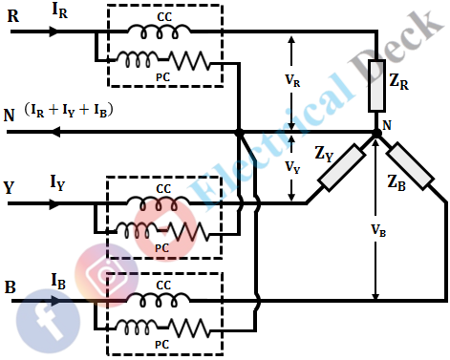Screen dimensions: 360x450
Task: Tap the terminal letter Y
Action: click(10, 188)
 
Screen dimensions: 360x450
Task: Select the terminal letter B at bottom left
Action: click(11, 287)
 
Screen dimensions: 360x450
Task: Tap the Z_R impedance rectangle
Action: click(375, 92)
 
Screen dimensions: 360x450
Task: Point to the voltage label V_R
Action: click(294, 81)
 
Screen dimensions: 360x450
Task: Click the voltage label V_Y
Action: click(294, 166)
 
